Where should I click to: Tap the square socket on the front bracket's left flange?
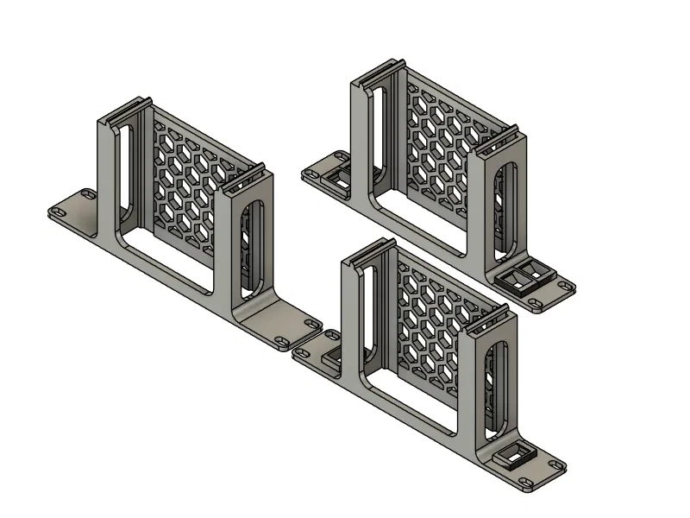click(332, 356)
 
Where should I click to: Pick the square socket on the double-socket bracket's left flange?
click(337, 178)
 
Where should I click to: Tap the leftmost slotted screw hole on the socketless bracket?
click(61, 212)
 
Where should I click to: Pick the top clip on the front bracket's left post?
click(367, 252)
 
